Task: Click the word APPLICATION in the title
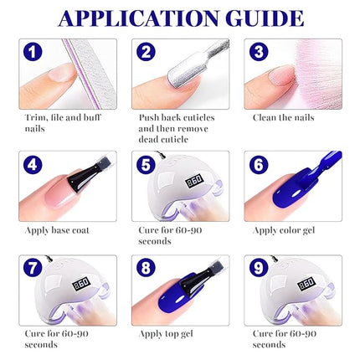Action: (x=134, y=18)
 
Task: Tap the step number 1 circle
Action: (x=33, y=53)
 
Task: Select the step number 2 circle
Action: (x=147, y=53)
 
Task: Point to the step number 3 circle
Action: (x=258, y=53)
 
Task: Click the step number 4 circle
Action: (x=33, y=165)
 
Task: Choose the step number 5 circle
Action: (x=147, y=165)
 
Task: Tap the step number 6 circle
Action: (x=258, y=165)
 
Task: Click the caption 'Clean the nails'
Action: (x=283, y=117)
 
